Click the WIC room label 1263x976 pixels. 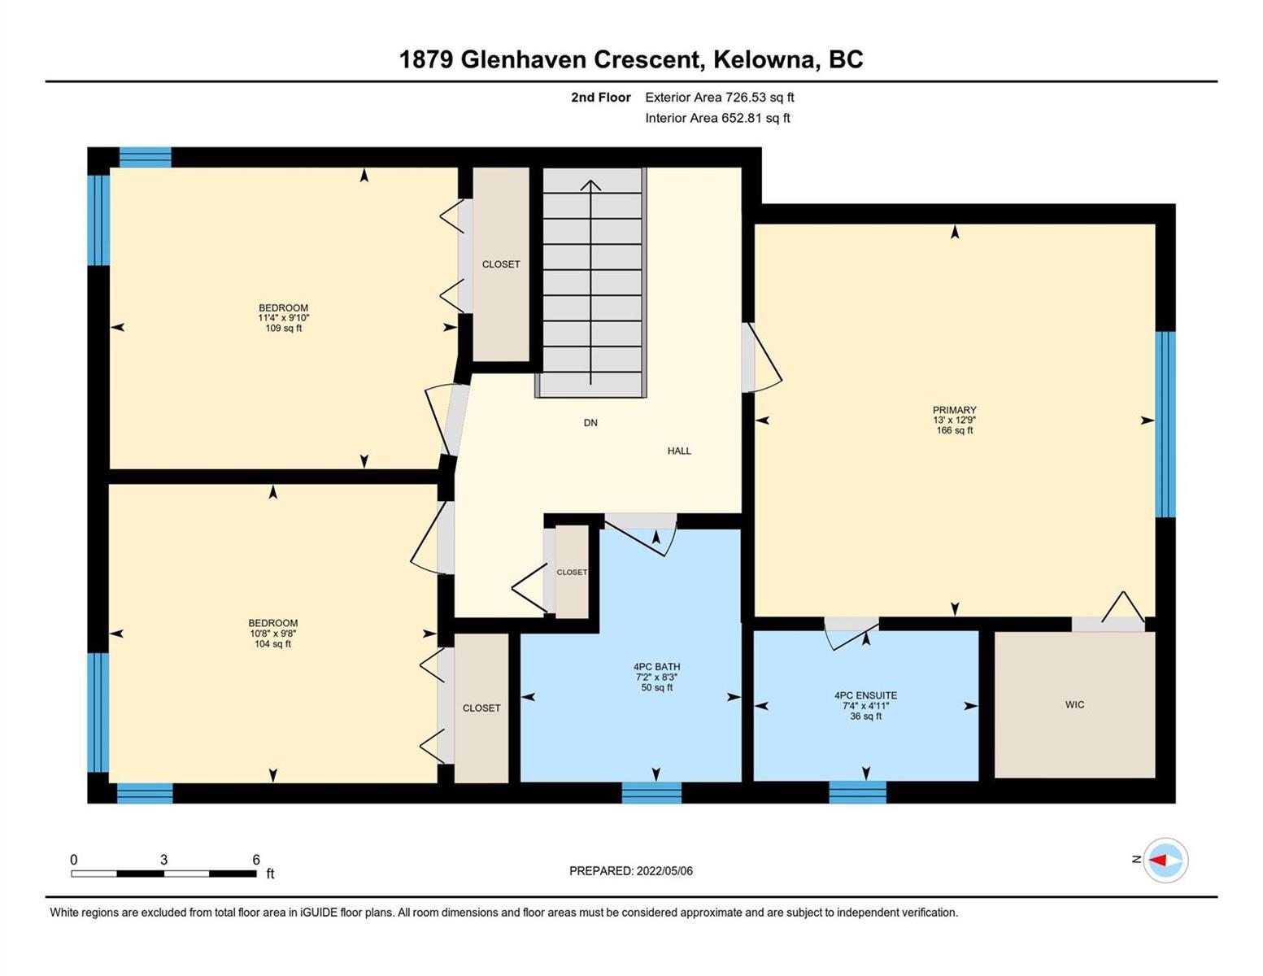click(1074, 704)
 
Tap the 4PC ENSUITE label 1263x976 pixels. click(865, 695)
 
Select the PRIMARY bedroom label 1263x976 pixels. click(955, 410)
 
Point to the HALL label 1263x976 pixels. click(679, 451)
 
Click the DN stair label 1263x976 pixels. click(590, 423)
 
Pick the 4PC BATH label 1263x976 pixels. click(657, 667)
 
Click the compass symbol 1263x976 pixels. click(1165, 861)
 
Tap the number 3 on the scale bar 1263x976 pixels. click(164, 860)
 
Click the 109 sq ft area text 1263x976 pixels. click(284, 328)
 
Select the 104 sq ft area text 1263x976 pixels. click(272, 644)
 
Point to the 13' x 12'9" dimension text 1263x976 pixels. click(955, 420)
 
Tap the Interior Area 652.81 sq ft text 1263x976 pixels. click(717, 118)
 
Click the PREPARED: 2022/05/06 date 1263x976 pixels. click(630, 871)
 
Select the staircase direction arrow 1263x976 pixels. click(590, 282)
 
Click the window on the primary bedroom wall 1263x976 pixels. click(1165, 424)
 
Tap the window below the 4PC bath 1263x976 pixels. click(651, 792)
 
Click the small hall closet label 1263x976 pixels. click(572, 572)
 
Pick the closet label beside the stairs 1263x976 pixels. click(501, 264)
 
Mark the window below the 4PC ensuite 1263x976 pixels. click(857, 792)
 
